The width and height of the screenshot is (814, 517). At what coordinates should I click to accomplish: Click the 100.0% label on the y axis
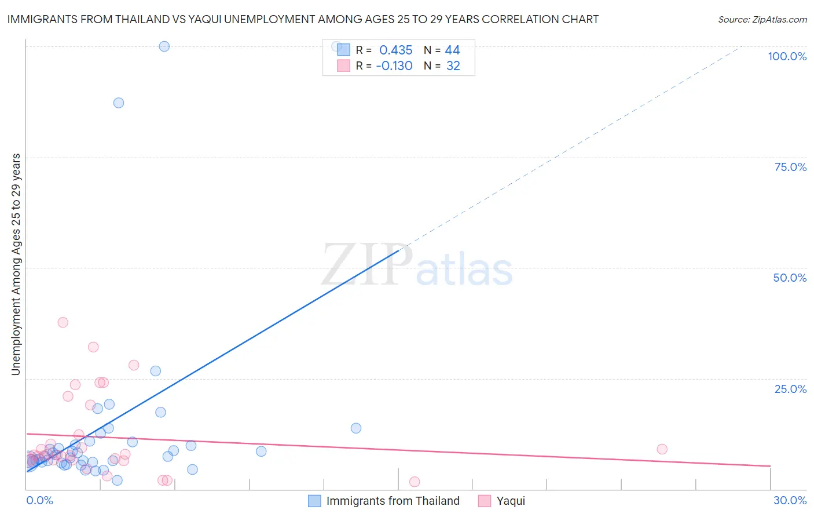(x=787, y=56)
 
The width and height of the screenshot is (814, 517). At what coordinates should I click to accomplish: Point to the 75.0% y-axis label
(x=790, y=167)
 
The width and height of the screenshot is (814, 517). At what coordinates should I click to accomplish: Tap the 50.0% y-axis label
(x=790, y=278)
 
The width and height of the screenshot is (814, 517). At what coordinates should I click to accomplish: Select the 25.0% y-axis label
(x=790, y=388)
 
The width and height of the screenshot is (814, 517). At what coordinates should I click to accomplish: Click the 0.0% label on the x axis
(x=39, y=500)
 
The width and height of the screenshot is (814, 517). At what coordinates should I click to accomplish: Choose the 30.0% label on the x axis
(x=790, y=500)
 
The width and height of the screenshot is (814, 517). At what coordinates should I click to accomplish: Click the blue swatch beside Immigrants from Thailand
(x=314, y=501)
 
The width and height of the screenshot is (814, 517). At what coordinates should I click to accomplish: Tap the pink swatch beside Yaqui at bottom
(x=485, y=501)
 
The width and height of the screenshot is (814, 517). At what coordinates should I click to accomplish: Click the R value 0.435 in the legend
(x=395, y=50)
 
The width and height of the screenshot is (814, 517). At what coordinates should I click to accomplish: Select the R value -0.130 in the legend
(x=394, y=66)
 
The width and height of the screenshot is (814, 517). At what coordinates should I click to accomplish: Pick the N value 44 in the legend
(x=452, y=50)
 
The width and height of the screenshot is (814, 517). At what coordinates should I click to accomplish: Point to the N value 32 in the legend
(x=453, y=66)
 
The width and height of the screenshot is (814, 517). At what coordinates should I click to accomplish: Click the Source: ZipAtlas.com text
(x=762, y=20)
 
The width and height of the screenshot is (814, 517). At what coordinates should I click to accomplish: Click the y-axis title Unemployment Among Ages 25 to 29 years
(x=16, y=264)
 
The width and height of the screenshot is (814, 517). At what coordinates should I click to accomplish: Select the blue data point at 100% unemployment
(x=164, y=46)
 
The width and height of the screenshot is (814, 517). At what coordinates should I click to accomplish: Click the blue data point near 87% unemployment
(x=119, y=103)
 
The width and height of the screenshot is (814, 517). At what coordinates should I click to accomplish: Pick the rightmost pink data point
(x=662, y=449)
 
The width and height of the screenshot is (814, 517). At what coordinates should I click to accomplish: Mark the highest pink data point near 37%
(x=63, y=322)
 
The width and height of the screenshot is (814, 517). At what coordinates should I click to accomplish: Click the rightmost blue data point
(x=356, y=428)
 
